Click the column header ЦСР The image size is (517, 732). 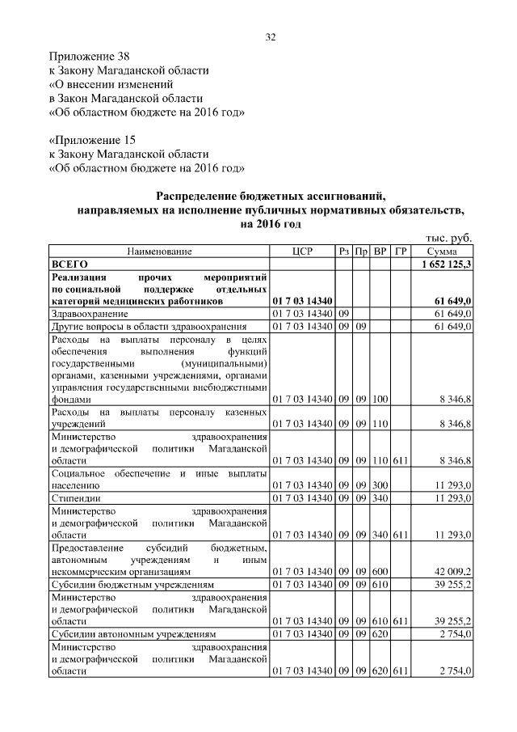click(x=301, y=252)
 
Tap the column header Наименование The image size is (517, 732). click(x=159, y=252)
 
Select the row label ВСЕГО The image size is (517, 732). click(x=69, y=264)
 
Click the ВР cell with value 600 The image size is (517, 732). click(x=380, y=570)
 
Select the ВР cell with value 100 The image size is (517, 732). click(x=380, y=399)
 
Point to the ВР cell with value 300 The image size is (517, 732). click(x=380, y=485)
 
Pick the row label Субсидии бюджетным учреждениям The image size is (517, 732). click(x=132, y=583)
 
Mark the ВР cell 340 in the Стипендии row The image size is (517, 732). click(x=380, y=498)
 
